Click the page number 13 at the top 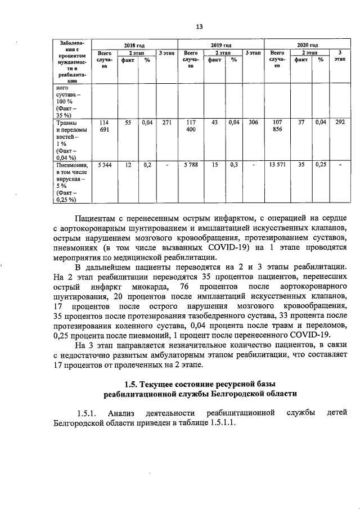click(x=199, y=26)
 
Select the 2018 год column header click(x=134, y=45)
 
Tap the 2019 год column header click(x=220, y=45)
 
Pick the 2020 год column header click(x=307, y=45)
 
